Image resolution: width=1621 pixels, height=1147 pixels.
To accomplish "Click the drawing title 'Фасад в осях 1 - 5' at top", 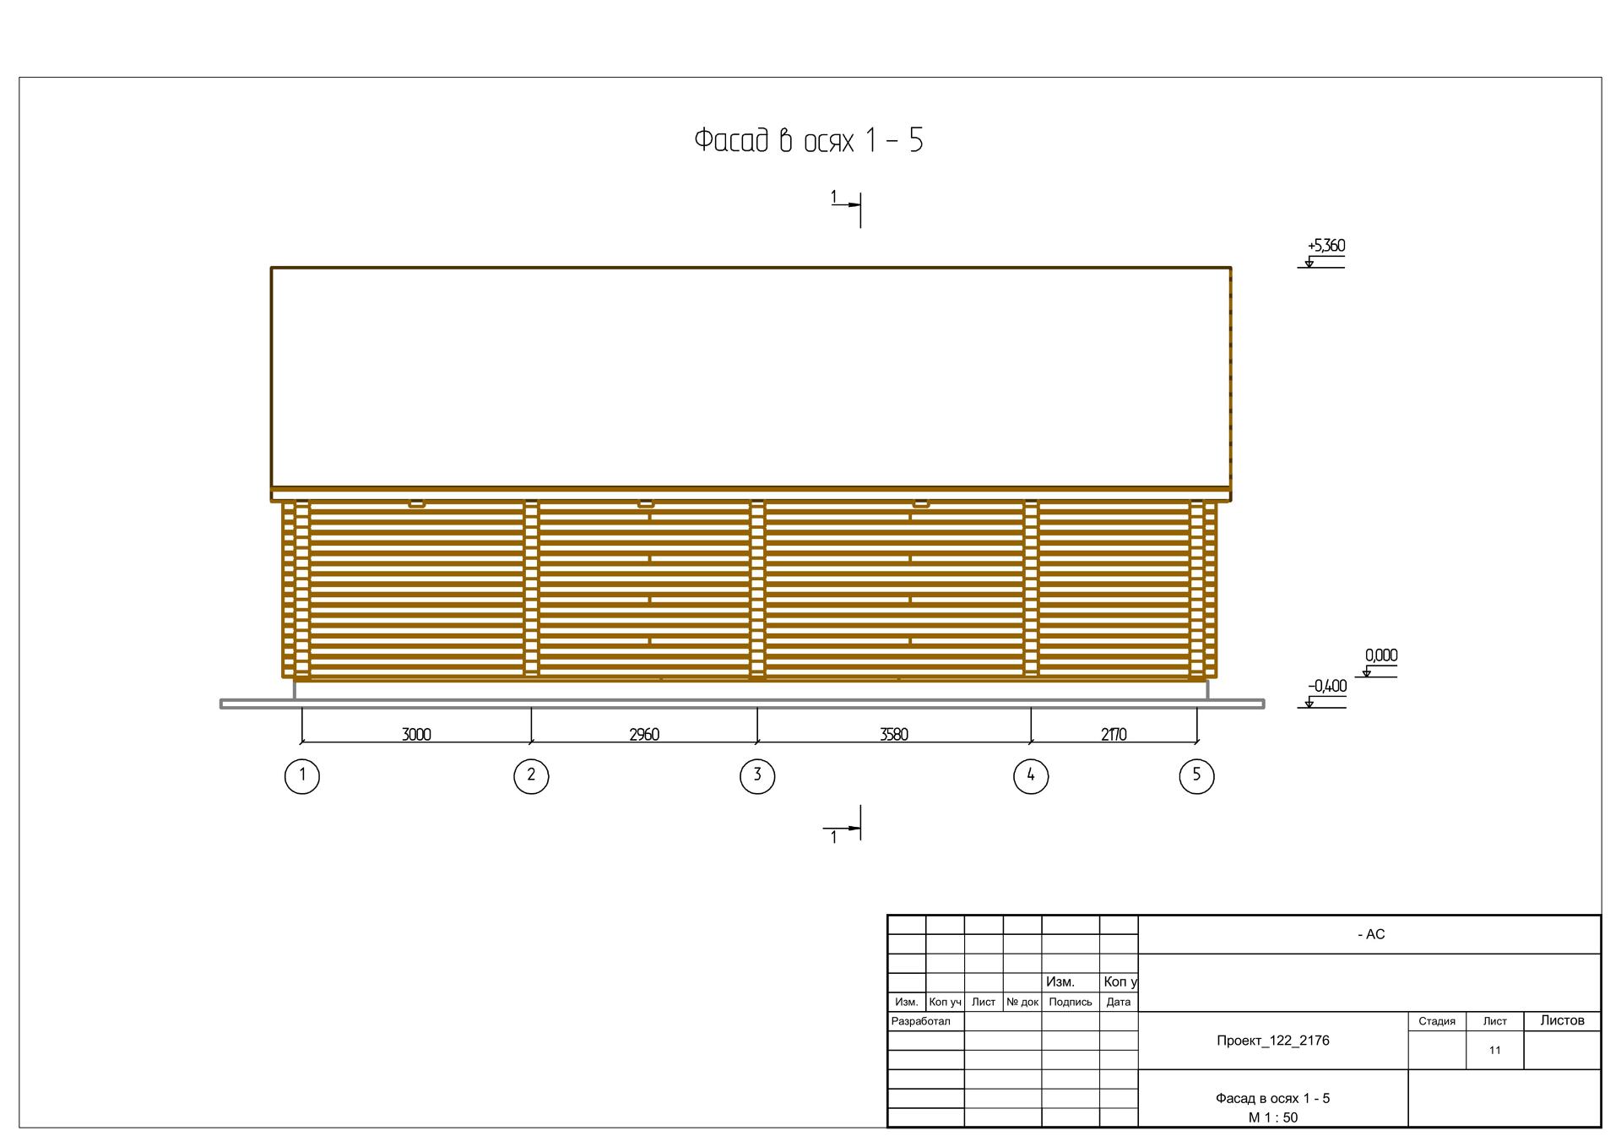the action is click(x=808, y=140).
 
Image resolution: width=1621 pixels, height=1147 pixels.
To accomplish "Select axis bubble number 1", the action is click(x=302, y=776).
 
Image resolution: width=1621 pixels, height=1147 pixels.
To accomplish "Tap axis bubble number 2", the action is click(x=531, y=776).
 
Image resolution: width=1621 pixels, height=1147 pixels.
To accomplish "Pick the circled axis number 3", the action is click(x=757, y=776).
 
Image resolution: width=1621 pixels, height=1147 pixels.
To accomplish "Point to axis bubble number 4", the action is click(x=1031, y=776).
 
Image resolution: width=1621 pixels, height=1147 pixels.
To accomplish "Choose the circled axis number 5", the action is click(x=1196, y=776).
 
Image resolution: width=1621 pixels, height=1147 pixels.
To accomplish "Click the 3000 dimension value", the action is click(x=416, y=734).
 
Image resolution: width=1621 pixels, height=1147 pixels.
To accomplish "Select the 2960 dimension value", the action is click(x=644, y=734).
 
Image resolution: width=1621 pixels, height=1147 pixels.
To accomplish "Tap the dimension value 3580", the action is click(x=894, y=734).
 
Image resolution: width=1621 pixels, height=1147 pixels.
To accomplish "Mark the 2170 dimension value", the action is click(x=1114, y=734).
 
